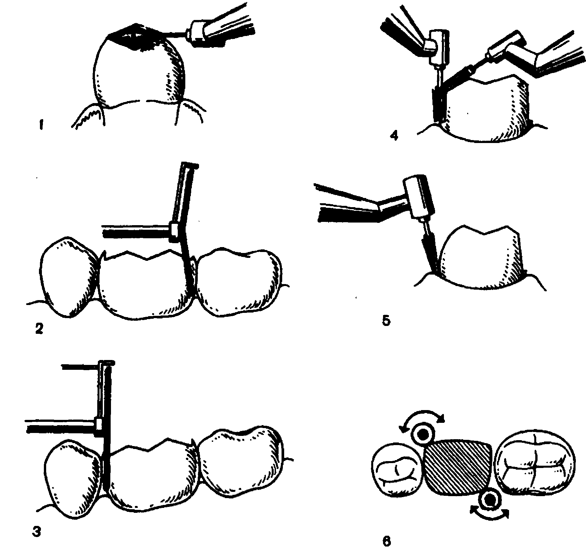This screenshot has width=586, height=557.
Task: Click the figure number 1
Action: (41, 126)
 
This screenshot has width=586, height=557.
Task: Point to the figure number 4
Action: (394, 135)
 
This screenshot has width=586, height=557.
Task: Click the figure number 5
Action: (386, 321)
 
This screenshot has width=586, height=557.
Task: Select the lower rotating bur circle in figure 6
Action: (489, 508)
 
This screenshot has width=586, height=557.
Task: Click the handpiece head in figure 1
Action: (198, 32)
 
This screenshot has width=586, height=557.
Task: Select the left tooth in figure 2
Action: (69, 277)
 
